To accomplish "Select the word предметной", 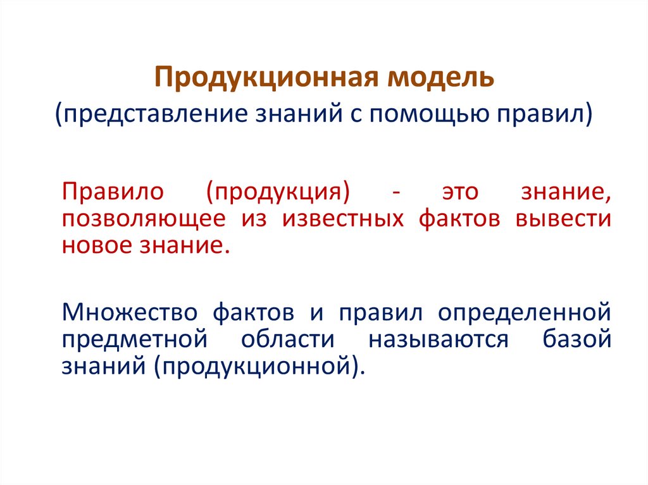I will (x=135, y=340).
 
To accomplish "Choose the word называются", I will (x=439, y=340).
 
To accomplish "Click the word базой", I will (x=576, y=340).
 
